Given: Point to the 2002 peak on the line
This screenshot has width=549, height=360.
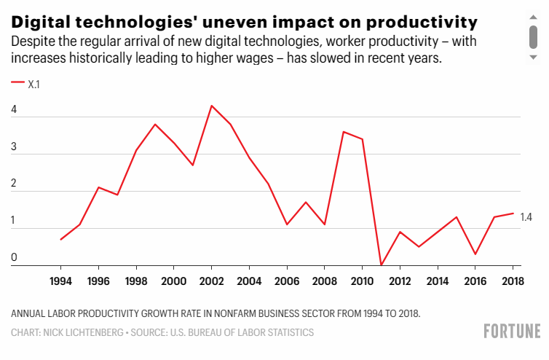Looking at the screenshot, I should click(211, 106).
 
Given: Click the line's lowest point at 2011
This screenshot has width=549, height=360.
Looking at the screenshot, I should click(381, 265).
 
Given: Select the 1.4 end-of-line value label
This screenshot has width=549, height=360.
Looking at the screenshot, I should click(526, 217).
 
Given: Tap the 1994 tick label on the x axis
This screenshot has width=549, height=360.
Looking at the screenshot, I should click(60, 281).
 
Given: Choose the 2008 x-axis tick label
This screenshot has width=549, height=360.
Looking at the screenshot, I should click(325, 281).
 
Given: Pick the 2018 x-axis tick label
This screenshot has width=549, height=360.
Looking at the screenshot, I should click(513, 281).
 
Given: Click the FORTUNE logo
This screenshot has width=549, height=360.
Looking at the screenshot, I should click(512, 332).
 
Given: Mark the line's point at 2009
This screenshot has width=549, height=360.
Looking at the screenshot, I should click(344, 132).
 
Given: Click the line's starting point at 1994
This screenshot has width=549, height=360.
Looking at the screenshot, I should click(60, 239).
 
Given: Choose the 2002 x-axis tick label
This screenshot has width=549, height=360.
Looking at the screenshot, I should click(211, 281).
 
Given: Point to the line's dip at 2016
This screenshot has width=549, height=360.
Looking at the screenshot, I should click(475, 254).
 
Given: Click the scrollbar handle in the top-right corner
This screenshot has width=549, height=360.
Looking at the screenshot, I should click(533, 34).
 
